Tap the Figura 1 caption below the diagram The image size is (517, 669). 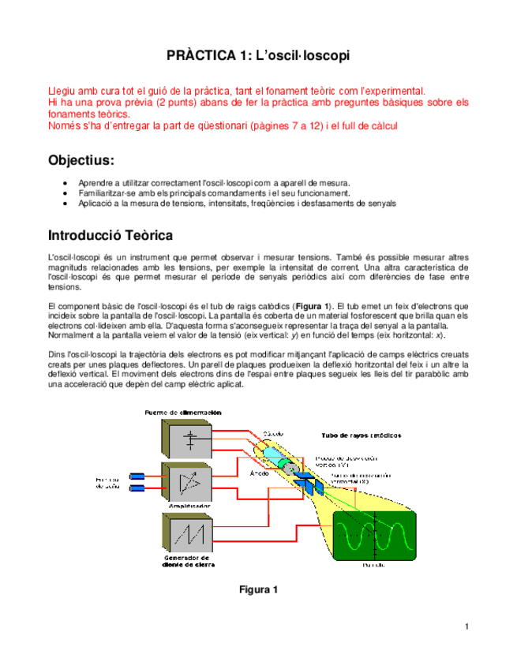(x=258, y=589)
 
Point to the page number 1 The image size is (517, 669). (x=467, y=627)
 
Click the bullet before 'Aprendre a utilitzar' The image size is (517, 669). (x=65, y=182)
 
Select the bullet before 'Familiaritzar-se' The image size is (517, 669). (x=65, y=192)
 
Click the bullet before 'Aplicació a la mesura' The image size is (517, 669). (x=65, y=203)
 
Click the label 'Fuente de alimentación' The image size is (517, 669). (x=183, y=413)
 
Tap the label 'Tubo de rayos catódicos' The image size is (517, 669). (x=361, y=435)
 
